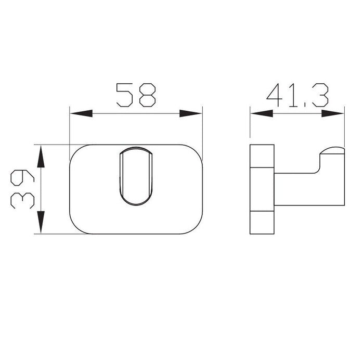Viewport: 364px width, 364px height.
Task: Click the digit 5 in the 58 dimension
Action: [x=125, y=95]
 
